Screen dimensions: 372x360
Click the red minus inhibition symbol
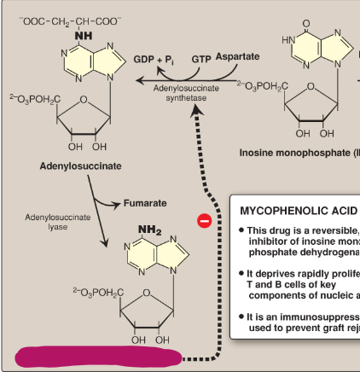[x=204, y=221]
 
